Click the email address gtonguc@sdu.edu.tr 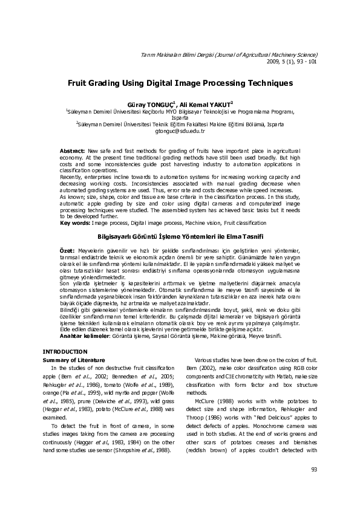point(180,131)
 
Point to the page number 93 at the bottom point(313,469)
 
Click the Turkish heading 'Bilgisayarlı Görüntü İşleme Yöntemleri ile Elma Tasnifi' point(179,236)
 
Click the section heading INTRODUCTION point(65,351)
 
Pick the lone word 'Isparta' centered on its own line point(180,117)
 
